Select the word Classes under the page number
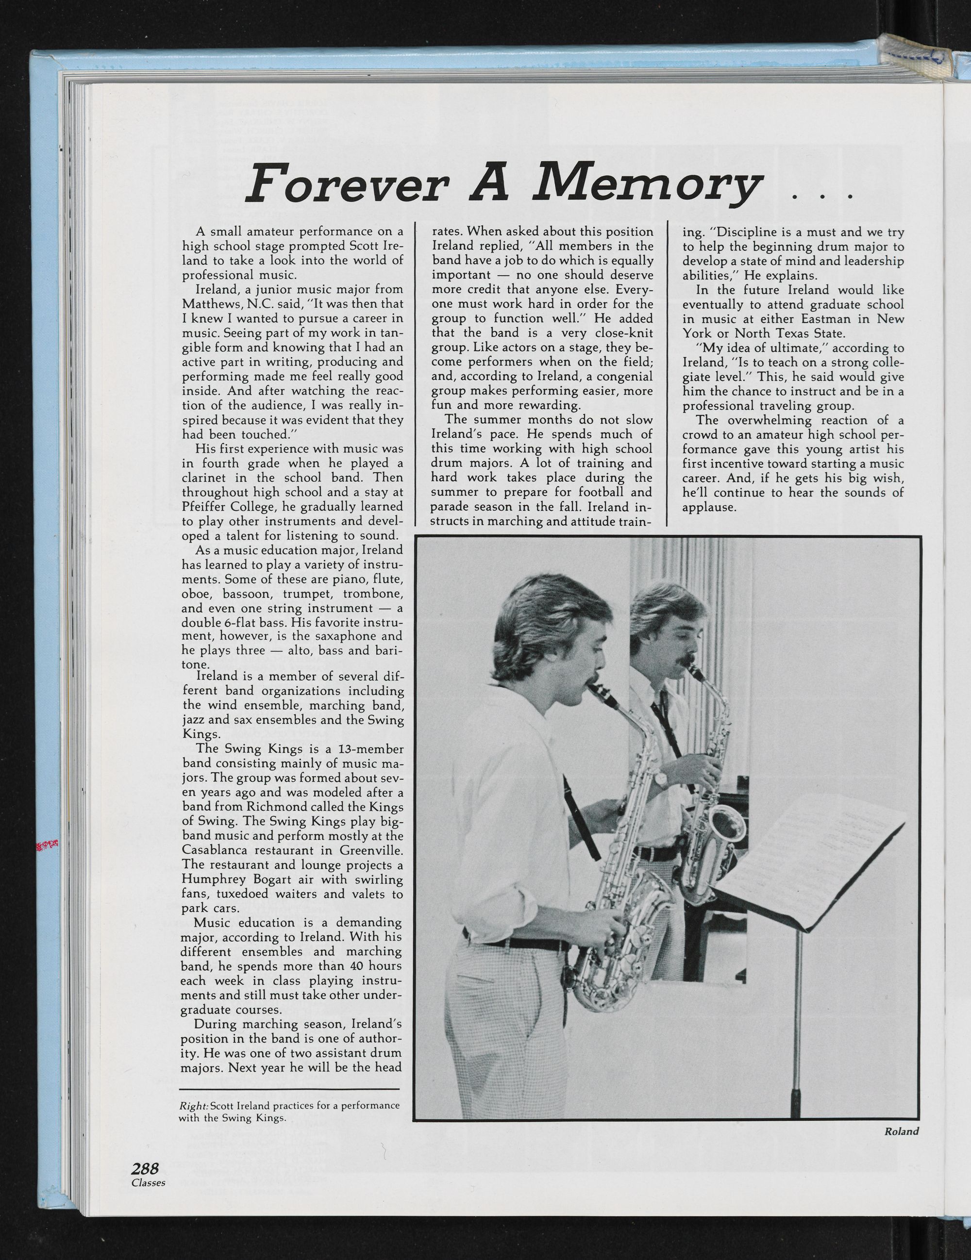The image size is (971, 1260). [148, 1227]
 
